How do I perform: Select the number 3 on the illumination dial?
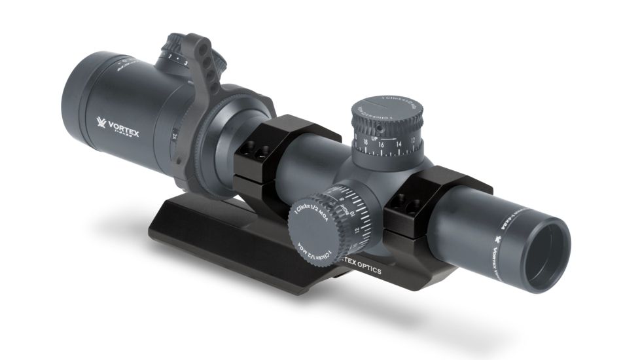(x=187, y=62)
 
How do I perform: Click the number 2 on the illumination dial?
(x=170, y=58)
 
